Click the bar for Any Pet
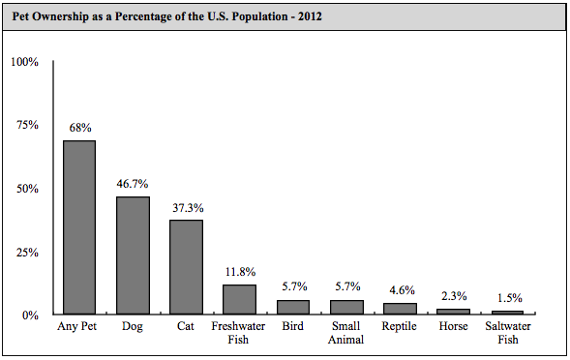tap(79, 227)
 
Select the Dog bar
tap(133, 255)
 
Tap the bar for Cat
tap(186, 267)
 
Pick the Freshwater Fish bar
tap(239, 299)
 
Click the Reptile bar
tap(399, 309)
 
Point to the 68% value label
tap(79, 127)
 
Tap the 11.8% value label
tap(239, 271)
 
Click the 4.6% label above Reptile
tap(399, 289)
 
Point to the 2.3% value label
tap(452, 295)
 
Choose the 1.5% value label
tap(506, 297)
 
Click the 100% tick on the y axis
tap(24, 62)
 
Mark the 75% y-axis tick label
tap(26, 125)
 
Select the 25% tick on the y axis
tap(26, 252)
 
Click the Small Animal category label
tap(345, 333)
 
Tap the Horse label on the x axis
tap(452, 327)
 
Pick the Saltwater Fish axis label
tap(506, 333)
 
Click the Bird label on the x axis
tap(292, 327)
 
